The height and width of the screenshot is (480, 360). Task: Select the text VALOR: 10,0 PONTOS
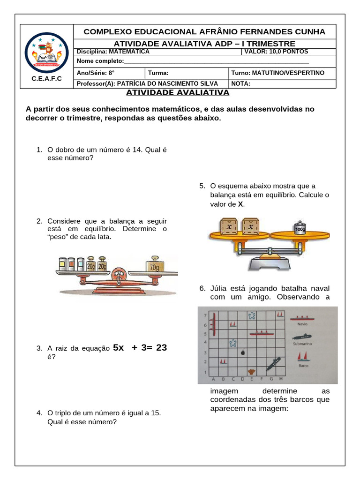276,52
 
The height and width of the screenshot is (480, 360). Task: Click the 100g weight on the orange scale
300,227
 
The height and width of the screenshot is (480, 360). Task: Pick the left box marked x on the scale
229,226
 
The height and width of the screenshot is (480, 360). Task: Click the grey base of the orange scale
271,263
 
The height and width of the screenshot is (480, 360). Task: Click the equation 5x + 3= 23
140,348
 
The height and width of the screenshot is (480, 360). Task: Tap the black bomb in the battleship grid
242,352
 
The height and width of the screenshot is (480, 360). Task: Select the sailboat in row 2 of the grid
224,361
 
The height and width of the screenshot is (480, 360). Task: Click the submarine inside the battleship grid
273,362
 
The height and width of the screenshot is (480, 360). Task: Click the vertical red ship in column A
213,323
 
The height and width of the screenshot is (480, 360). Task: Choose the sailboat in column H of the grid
280,315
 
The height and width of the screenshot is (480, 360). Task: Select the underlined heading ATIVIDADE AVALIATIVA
178,92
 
